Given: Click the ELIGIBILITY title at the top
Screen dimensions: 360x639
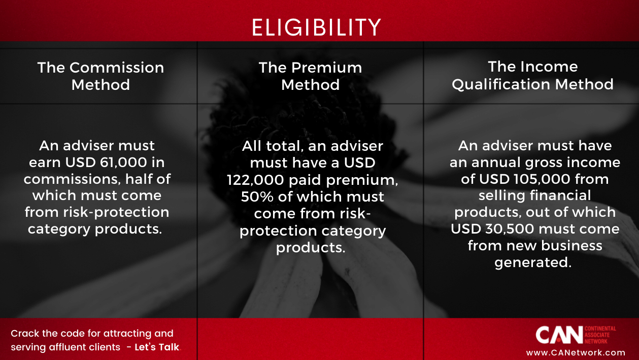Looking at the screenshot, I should (x=316, y=27).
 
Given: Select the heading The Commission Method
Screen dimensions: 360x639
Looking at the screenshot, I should (x=100, y=76).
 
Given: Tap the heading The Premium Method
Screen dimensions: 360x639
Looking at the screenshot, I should (x=310, y=76).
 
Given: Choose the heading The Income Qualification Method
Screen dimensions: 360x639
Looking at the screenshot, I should (x=532, y=75).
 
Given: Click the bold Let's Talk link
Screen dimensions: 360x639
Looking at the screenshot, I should (x=157, y=348).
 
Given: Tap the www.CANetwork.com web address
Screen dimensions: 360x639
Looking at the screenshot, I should (x=576, y=352).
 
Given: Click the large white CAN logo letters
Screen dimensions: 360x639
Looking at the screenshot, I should (x=559, y=335).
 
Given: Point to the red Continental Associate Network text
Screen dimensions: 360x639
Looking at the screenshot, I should (x=601, y=335).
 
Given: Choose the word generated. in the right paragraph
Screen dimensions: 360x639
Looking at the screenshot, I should (x=533, y=263).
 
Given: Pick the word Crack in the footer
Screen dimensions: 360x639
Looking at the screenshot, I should (x=23, y=334).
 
